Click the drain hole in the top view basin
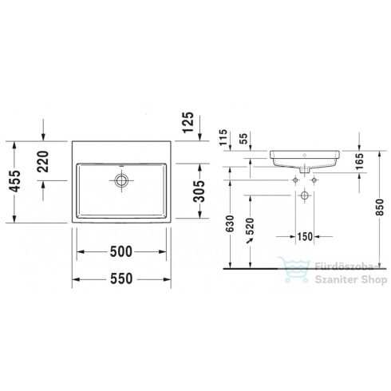coord(121,181)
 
